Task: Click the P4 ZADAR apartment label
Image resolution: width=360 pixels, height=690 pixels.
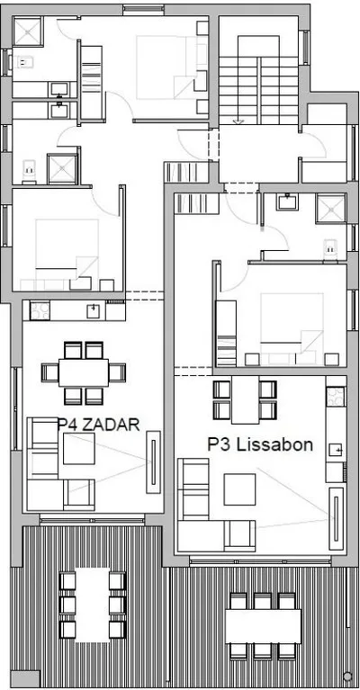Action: pos(99,425)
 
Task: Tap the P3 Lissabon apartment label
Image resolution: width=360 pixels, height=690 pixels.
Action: pos(260,444)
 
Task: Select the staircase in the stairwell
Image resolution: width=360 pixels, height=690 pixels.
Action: pos(259,90)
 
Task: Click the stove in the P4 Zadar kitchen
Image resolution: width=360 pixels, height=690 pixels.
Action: pos(40,310)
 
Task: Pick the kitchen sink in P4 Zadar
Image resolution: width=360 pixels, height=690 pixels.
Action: pos(93,310)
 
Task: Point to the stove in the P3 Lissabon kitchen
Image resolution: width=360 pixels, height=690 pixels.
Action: pos(336,396)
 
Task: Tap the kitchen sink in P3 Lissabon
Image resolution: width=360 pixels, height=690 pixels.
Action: pos(336,450)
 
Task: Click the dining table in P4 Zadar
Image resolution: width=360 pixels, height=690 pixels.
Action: pos(84,372)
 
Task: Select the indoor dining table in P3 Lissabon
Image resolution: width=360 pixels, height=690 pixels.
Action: pos(245,399)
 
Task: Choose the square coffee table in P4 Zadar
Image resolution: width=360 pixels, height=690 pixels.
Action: pos(79,448)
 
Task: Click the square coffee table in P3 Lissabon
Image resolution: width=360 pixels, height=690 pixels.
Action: pos(239,488)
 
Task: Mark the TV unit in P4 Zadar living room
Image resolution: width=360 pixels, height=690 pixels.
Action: pos(153,461)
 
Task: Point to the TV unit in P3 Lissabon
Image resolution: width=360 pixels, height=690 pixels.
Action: pos(337,518)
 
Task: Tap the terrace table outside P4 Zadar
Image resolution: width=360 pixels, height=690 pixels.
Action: pos(93,605)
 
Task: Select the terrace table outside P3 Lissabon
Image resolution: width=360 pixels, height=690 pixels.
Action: pos(263,626)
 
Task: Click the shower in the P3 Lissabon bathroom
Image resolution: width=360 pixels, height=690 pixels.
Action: pos(331,209)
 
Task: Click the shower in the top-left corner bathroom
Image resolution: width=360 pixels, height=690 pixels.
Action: pos(27,31)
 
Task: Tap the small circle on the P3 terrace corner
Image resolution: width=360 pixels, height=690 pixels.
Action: pos(347,676)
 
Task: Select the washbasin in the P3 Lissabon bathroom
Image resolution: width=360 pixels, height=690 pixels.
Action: pos(287,202)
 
